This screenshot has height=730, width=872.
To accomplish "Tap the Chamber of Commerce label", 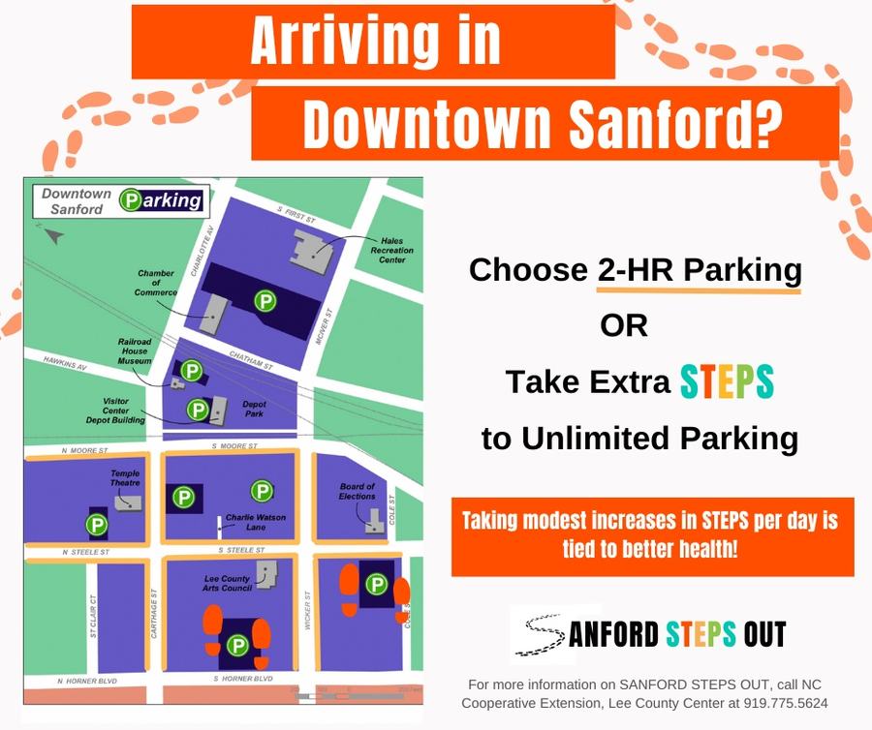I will [x=156, y=284].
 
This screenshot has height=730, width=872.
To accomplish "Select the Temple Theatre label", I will [x=125, y=478].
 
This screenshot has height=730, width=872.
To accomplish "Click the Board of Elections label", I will [x=357, y=491].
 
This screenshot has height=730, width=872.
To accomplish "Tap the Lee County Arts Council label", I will [x=229, y=583].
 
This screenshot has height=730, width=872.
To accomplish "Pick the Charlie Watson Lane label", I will [x=256, y=522].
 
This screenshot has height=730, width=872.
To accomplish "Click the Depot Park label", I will [x=254, y=411].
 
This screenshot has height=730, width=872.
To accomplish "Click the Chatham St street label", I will [x=253, y=360].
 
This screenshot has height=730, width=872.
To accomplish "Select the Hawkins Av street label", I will [x=65, y=363].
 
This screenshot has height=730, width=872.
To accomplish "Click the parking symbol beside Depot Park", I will [x=198, y=410].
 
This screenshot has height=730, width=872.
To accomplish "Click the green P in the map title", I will [x=129, y=200].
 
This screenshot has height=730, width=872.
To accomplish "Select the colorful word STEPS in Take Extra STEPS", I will [x=727, y=382].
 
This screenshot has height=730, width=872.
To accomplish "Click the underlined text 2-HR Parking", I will [x=700, y=270].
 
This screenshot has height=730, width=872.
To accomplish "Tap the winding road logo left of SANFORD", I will [x=538, y=634].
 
